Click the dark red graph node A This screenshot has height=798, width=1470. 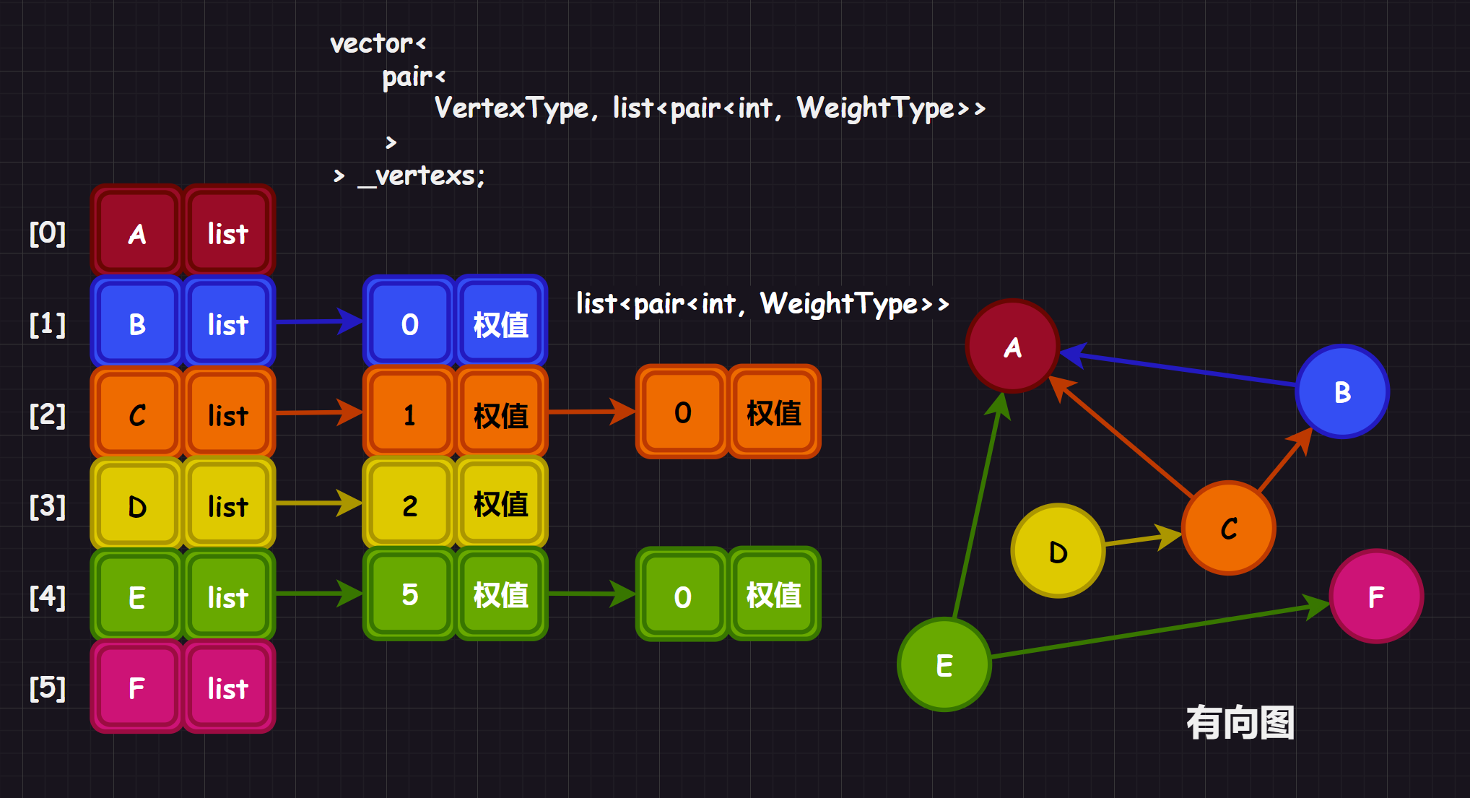pos(1012,347)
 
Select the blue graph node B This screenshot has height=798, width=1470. pos(1342,391)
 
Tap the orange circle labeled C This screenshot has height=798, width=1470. pos(1229,528)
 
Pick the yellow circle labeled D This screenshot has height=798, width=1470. pos(1058,551)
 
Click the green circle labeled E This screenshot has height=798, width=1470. pos(944,664)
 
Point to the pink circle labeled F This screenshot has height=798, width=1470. pos(1376,597)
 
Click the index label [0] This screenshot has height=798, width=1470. pos(48,233)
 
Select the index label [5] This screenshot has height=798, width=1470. pos(48,688)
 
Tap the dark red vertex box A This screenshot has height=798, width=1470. pos(136,233)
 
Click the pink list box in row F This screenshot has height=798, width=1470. pos(228,688)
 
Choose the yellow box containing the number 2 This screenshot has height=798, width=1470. pos(409,505)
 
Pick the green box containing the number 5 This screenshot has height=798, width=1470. pos(409,594)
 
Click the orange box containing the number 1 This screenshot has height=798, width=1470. pos(409,415)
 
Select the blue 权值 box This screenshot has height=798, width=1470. pos(501,324)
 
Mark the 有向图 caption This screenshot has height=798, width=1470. pos(1240,722)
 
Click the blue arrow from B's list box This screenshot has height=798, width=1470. pos(318,321)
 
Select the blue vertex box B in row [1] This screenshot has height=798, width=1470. pos(136,324)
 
